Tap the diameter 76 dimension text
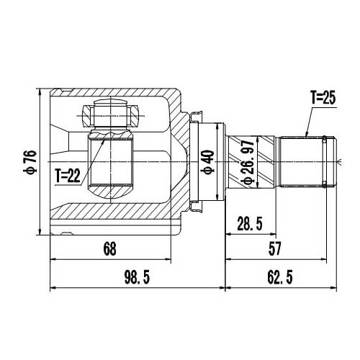[30, 163]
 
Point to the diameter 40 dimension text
[207, 162]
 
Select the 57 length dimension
[274, 248]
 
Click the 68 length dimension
[109, 249]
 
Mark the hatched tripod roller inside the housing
[110, 161]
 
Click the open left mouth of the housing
[53, 162]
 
